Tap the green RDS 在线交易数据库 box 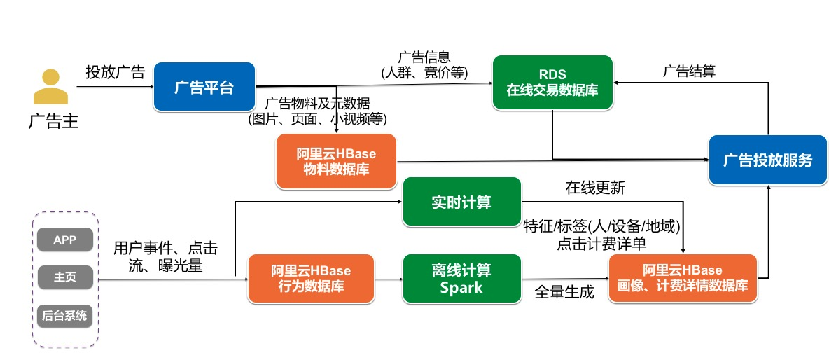(552, 83)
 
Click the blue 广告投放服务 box (767, 160)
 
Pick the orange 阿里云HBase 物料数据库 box (337, 161)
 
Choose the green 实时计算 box (462, 202)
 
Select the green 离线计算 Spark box (462, 278)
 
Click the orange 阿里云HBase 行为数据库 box (310, 278)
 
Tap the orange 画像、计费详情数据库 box (683, 278)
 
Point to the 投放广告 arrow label (115, 71)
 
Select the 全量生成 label (564, 292)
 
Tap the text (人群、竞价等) (424, 71)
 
